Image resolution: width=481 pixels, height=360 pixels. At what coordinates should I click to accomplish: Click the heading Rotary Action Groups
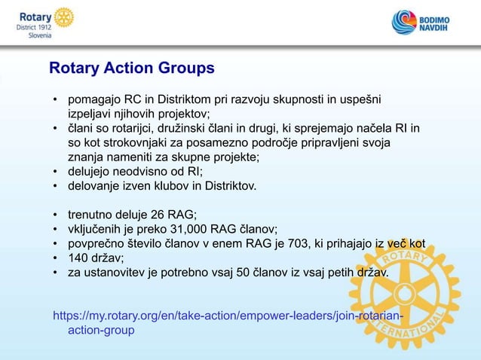tap(131, 69)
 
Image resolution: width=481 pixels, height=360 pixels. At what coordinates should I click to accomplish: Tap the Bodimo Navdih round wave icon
tap(404, 23)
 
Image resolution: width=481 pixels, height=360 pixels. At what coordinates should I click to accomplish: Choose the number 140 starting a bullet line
tap(78, 257)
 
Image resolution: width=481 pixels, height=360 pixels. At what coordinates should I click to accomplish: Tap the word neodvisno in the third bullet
tap(134, 171)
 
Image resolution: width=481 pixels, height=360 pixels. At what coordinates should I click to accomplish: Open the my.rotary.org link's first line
tap(226, 314)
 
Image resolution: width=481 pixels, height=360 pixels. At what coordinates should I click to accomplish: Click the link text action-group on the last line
tap(101, 329)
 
